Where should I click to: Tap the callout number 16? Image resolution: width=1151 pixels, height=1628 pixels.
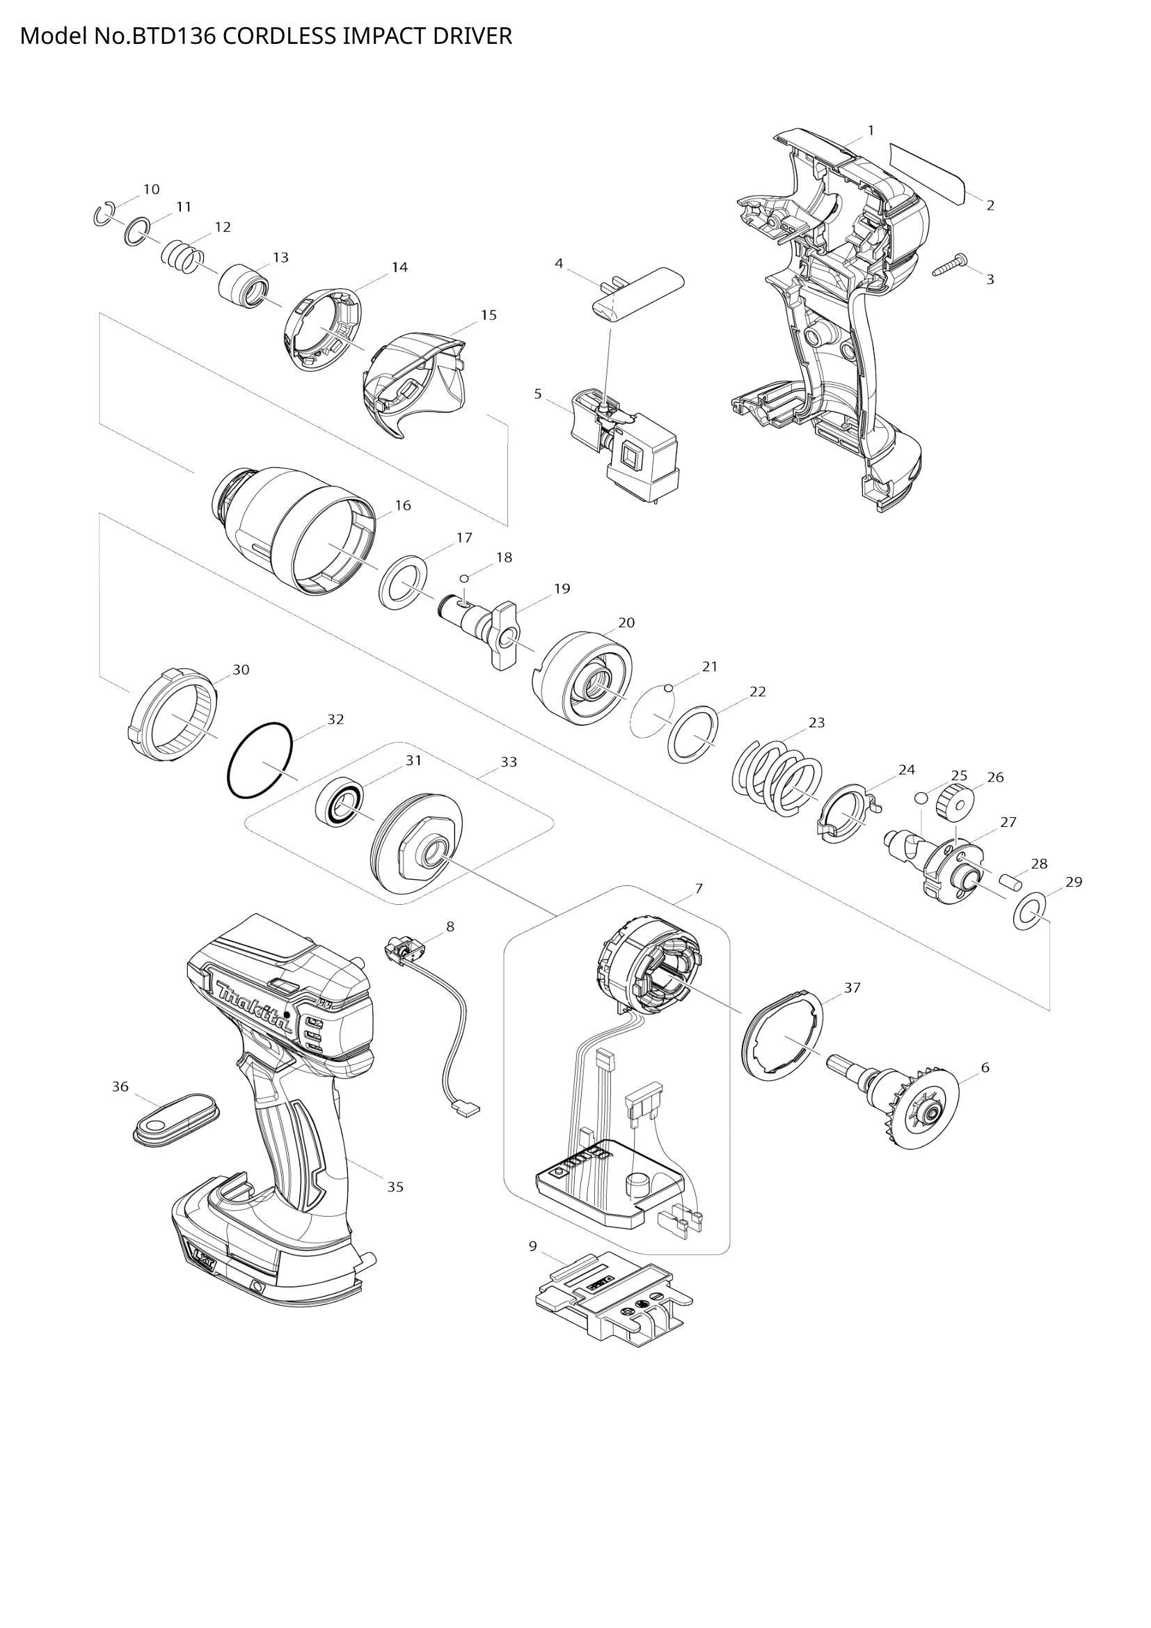coord(402,505)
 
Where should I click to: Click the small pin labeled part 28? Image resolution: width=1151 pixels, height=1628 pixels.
coord(1010,882)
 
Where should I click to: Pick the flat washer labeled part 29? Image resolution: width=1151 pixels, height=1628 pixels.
coord(1028,912)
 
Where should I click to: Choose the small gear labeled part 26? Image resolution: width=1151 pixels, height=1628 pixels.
coord(954,803)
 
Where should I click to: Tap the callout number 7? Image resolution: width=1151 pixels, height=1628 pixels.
coord(699,888)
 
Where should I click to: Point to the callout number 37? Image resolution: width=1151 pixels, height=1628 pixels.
coord(852,987)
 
